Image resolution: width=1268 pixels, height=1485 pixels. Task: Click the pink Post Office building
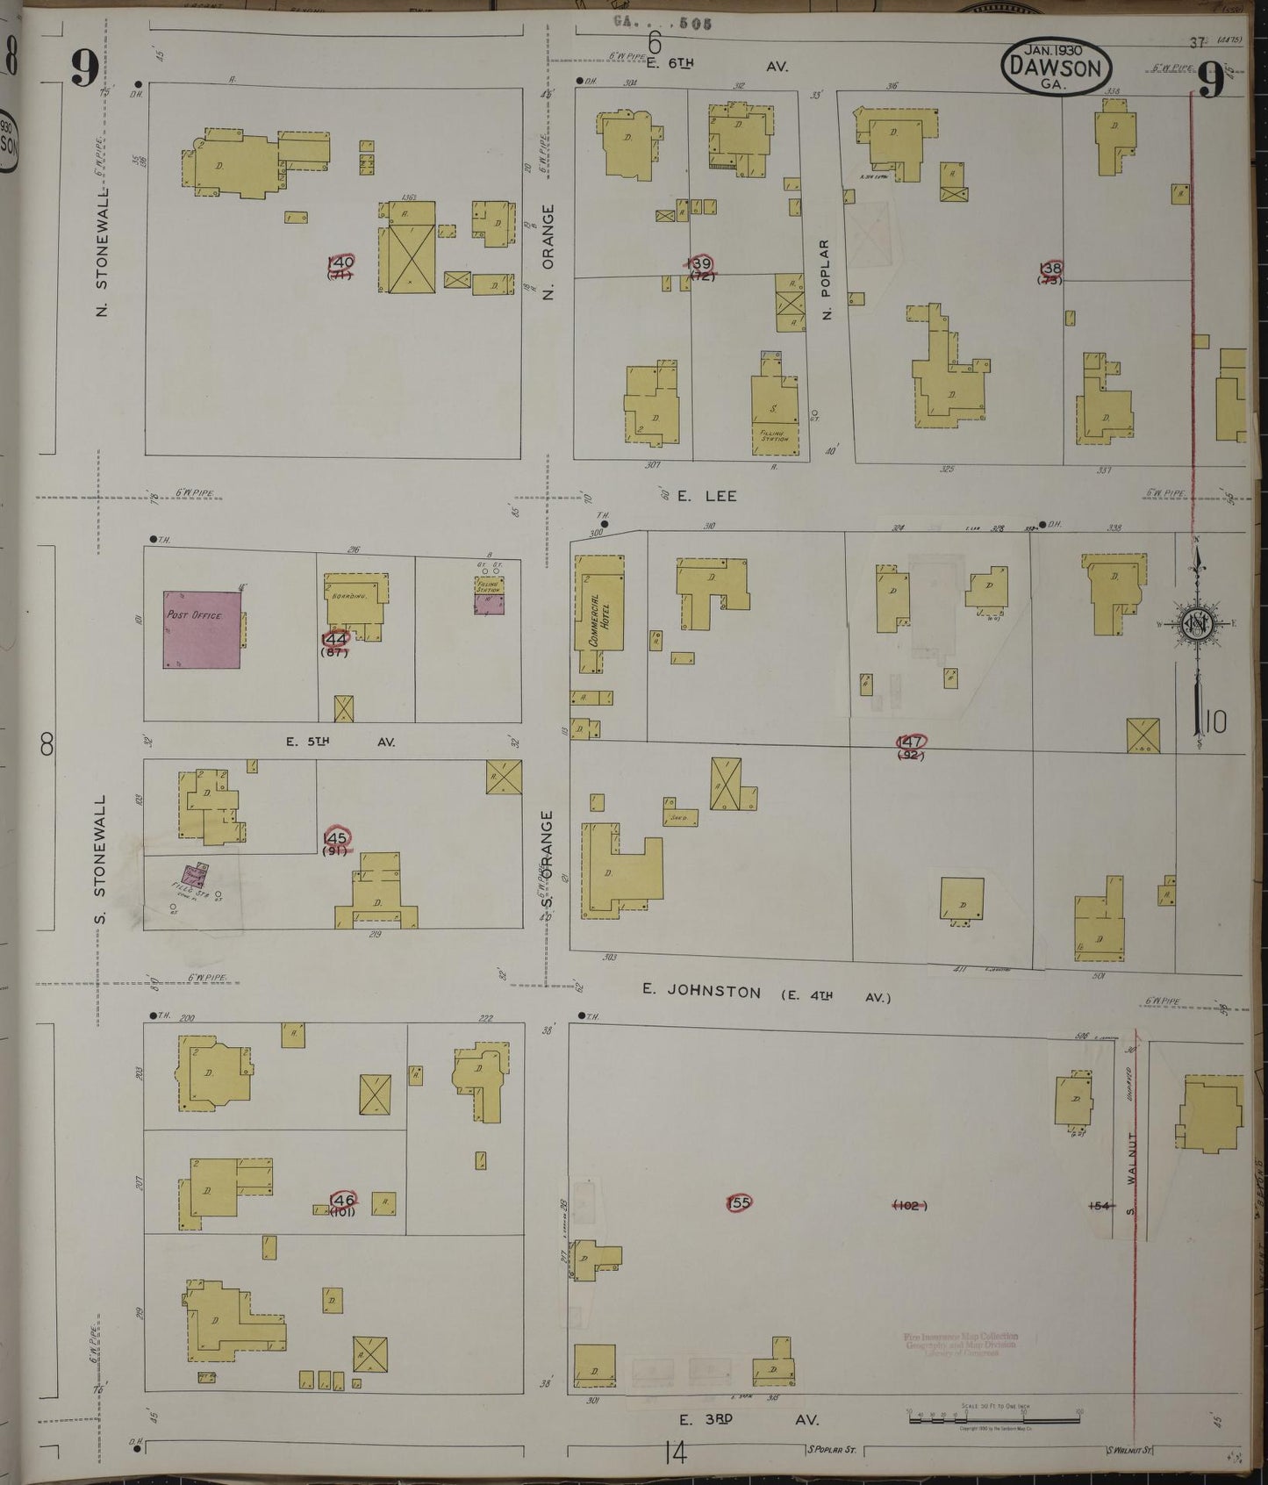coord(202,629)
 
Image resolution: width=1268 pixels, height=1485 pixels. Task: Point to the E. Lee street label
coord(706,496)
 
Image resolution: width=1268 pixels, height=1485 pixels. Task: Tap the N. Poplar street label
coord(826,278)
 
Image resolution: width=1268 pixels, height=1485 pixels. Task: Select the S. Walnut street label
coord(1131,1176)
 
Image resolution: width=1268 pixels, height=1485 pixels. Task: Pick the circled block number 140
coord(340,262)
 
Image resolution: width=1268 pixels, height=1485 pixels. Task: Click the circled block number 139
coord(700,264)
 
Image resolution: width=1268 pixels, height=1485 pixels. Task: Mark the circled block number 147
coord(910,742)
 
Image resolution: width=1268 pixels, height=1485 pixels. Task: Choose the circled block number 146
coord(341,1200)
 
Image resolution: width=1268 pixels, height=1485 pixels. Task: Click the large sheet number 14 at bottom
coord(675,1454)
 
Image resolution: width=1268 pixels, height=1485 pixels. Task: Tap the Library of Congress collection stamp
coord(960,1344)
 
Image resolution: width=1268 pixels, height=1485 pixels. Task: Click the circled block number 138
coord(1050,269)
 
